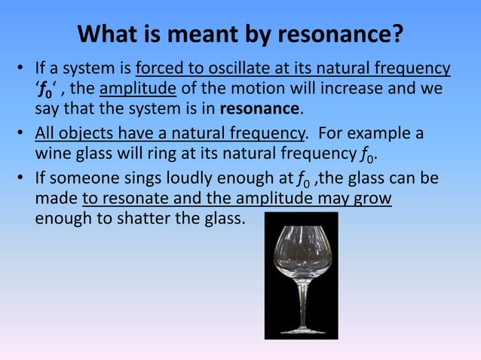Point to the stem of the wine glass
(x=302, y=301)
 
